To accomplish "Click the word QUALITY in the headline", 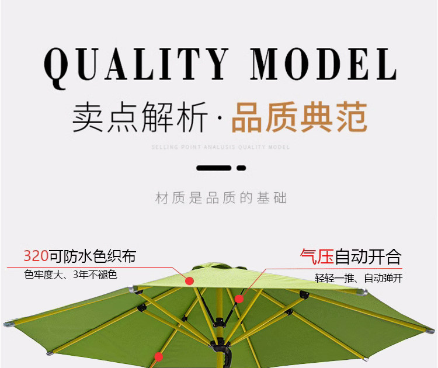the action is click(135, 64).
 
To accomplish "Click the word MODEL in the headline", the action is click(324, 64).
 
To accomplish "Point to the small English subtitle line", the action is click(220, 147).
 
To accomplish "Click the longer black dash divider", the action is click(214, 168).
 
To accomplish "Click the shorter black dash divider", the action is click(241, 168).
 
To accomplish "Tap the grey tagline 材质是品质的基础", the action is click(221, 198).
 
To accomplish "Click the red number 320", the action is click(36, 256).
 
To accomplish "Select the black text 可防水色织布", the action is click(93, 256).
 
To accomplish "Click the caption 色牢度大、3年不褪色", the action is click(71, 274).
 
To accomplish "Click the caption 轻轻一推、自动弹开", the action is click(359, 278).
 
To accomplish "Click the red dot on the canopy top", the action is click(189, 281).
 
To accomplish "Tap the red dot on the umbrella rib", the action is click(238, 299).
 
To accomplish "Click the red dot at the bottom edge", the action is click(158, 356).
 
